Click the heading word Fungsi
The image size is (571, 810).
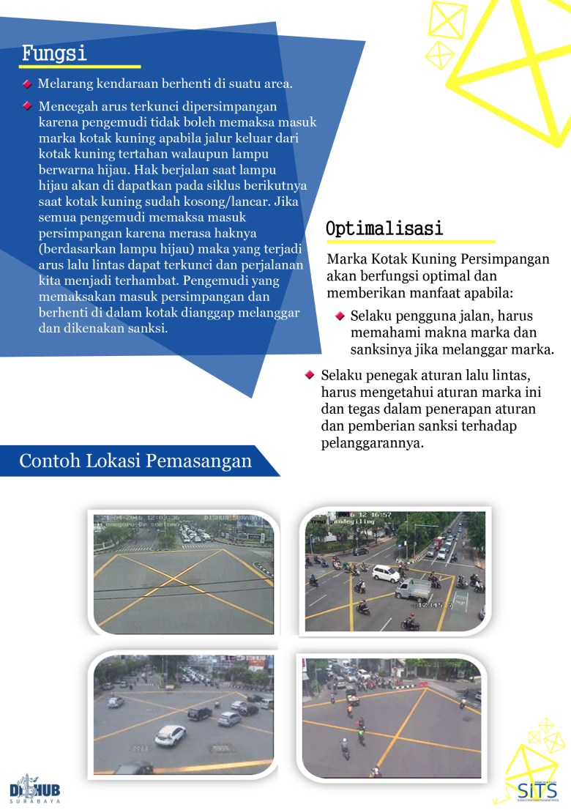[x=54, y=53]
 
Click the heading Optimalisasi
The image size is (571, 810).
[x=384, y=228]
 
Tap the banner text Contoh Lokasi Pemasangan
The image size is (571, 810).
[x=135, y=461]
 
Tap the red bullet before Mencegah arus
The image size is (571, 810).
[x=27, y=105]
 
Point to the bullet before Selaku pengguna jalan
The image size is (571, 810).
[x=340, y=316]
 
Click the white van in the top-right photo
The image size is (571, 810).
[x=385, y=573]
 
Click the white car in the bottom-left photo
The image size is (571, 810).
[x=170, y=734]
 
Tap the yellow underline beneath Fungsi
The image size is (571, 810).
[x=81, y=67]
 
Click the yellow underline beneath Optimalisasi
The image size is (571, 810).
[x=410, y=242]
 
